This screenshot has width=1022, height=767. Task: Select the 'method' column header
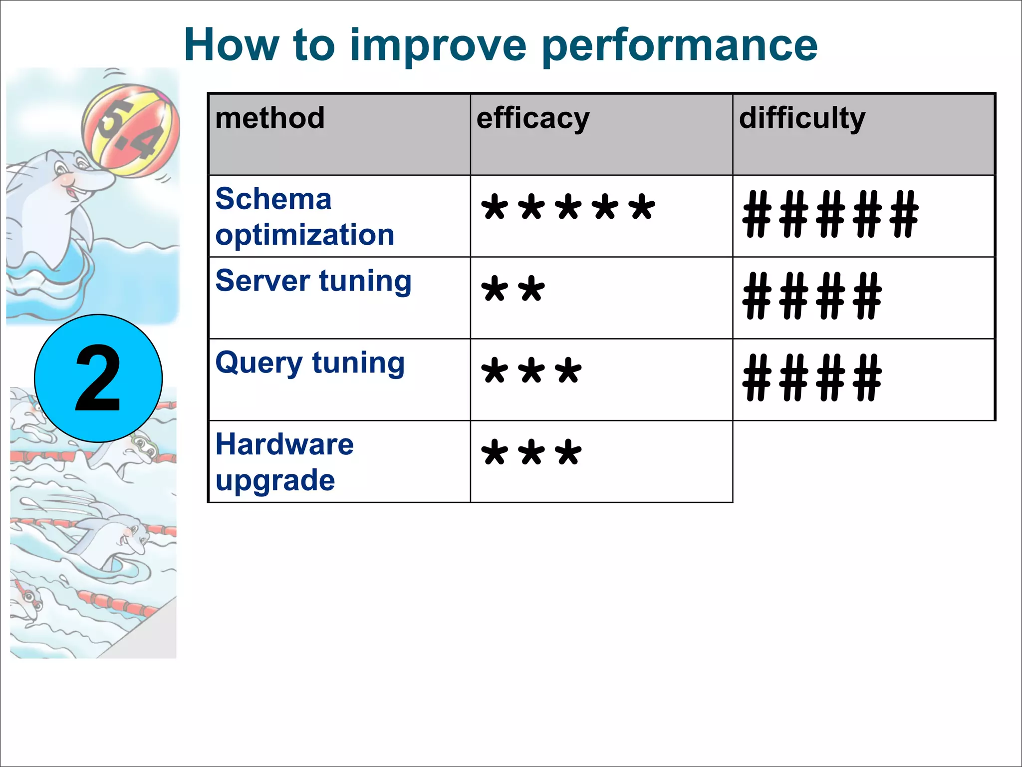(x=270, y=118)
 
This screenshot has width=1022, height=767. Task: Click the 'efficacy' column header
(x=533, y=119)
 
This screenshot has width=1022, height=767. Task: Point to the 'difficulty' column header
(x=802, y=119)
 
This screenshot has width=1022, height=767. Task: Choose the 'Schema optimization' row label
(x=304, y=217)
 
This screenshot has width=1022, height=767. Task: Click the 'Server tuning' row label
(x=313, y=281)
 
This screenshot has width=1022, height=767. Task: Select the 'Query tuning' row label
(x=310, y=363)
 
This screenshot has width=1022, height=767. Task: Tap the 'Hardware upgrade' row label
(x=284, y=462)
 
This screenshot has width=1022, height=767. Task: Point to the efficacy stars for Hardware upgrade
(x=531, y=453)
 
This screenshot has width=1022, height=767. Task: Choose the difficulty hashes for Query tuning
(x=812, y=378)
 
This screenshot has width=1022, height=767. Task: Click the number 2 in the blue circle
(x=98, y=379)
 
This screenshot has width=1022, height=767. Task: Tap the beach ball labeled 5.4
(x=130, y=130)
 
